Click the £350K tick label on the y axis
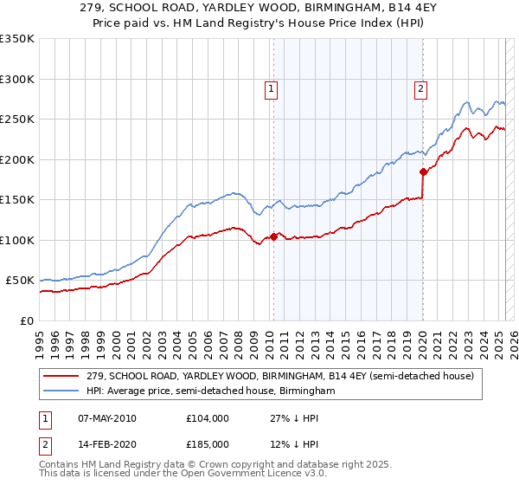17,39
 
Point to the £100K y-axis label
17,240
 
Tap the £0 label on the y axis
27,320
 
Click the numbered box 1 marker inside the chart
272,87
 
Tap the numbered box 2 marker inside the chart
420,87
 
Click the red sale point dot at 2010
273,236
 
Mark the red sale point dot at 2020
423,171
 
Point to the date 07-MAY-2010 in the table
107,418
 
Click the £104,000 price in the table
208,418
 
